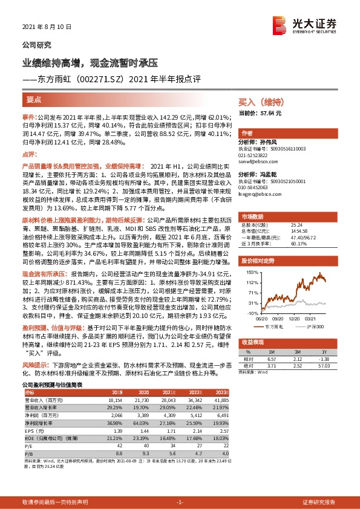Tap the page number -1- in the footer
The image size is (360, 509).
(x=179, y=502)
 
